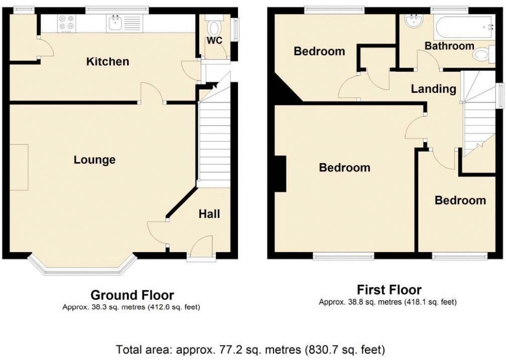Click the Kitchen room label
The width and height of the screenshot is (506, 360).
107,62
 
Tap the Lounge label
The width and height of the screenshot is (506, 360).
94,160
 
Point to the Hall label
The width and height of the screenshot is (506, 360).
209,214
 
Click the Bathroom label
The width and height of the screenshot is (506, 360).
449,46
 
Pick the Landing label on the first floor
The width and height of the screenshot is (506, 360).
433,89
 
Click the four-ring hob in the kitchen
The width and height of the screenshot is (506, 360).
66,23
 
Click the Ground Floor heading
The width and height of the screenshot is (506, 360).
132,295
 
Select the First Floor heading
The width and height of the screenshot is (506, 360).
389,290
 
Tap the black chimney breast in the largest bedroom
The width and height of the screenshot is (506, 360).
280,174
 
